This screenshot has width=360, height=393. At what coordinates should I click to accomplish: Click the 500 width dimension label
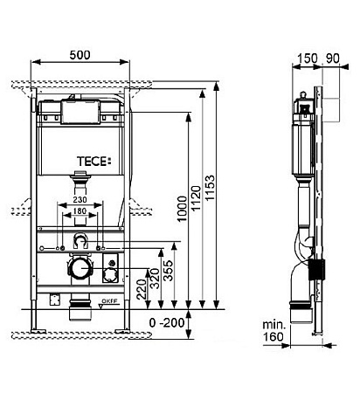(79, 53)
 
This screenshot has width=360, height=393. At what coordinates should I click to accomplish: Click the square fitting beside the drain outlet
(111, 268)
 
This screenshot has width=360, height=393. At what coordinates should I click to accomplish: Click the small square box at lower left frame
(57, 300)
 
